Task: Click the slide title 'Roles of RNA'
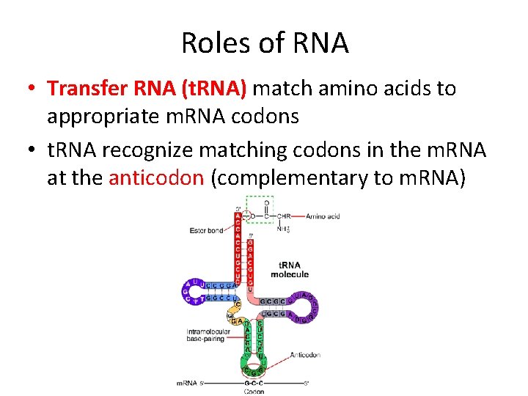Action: click(265, 43)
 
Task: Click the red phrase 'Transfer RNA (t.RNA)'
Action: click(147, 89)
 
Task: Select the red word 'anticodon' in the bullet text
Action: click(155, 177)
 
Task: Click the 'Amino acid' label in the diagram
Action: click(323, 216)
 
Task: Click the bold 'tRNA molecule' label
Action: click(290, 269)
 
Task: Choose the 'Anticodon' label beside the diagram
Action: click(305, 355)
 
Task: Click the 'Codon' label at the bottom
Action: click(254, 392)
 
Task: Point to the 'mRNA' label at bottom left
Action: click(188, 383)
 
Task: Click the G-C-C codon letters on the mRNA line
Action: click(254, 383)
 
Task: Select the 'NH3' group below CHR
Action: click(283, 229)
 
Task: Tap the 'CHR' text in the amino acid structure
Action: click(283, 216)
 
